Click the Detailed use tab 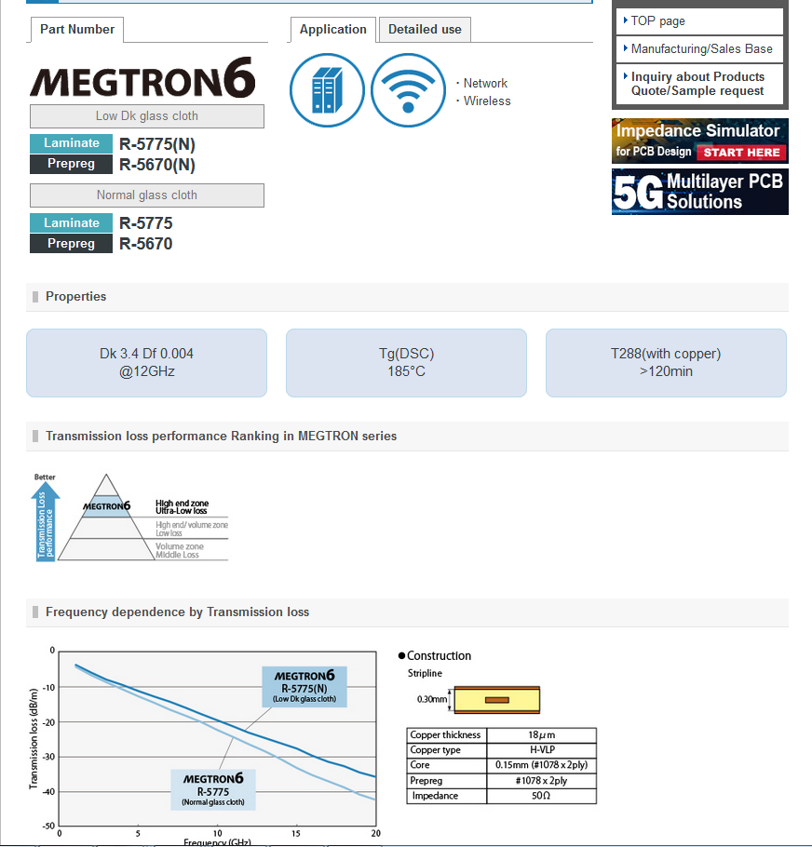pos(425,30)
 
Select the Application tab pos(333,30)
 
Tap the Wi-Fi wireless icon pos(408,90)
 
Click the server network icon pos(326,90)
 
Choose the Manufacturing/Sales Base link pos(699,48)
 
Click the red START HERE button pos(741,152)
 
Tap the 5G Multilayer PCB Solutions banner pos(699,192)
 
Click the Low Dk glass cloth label pos(147,116)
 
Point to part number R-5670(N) pos(157,165)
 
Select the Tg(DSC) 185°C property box pos(406,362)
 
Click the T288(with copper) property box pos(666,362)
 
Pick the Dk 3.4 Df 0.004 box pos(146,362)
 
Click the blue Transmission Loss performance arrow pos(46,523)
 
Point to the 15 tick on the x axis pos(296,833)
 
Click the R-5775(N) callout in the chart pos(304,687)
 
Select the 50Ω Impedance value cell pos(541,796)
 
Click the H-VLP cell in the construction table pos(541,750)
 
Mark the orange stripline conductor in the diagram pos(497,699)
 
